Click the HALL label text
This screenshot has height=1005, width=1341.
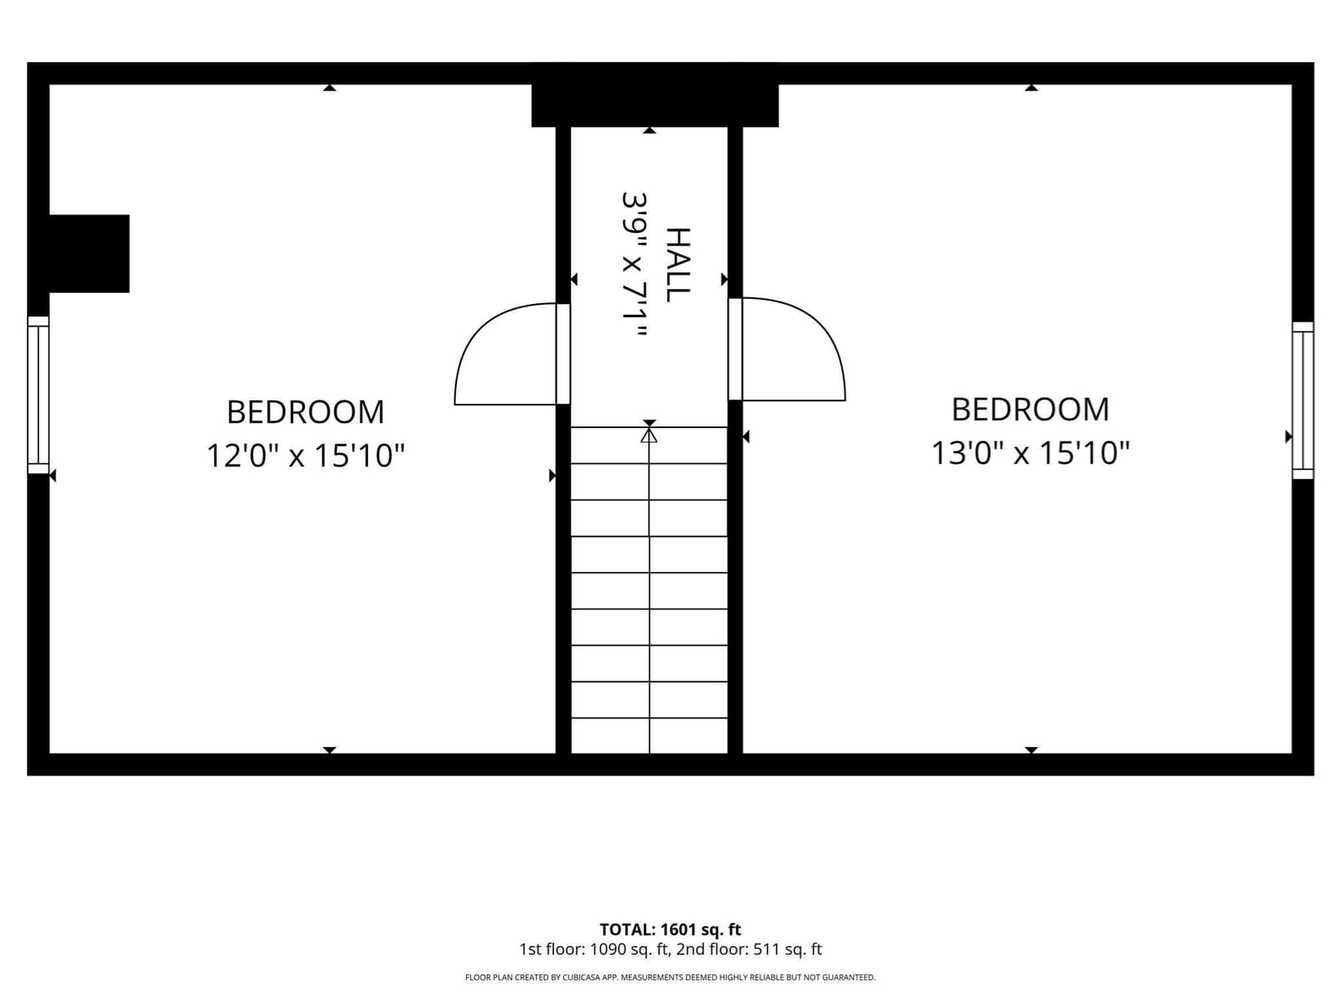(x=677, y=264)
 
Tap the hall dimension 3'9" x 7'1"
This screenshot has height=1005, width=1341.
(x=634, y=264)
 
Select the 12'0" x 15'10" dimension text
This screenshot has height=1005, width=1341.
(x=305, y=456)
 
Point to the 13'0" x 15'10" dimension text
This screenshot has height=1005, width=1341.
(x=1030, y=453)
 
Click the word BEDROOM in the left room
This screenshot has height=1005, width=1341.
(x=305, y=413)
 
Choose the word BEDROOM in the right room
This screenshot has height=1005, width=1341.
(x=1030, y=410)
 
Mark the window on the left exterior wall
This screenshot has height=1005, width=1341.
(x=38, y=394)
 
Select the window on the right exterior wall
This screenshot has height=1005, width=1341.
(x=1302, y=400)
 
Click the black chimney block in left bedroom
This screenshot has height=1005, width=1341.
(x=89, y=253)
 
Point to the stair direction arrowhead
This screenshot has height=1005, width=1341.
(x=649, y=435)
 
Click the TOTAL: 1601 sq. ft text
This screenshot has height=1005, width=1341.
(x=670, y=930)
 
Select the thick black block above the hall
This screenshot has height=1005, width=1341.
(x=655, y=95)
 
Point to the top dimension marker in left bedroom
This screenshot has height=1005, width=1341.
(x=329, y=88)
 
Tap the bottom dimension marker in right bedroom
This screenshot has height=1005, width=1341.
(x=1031, y=750)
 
